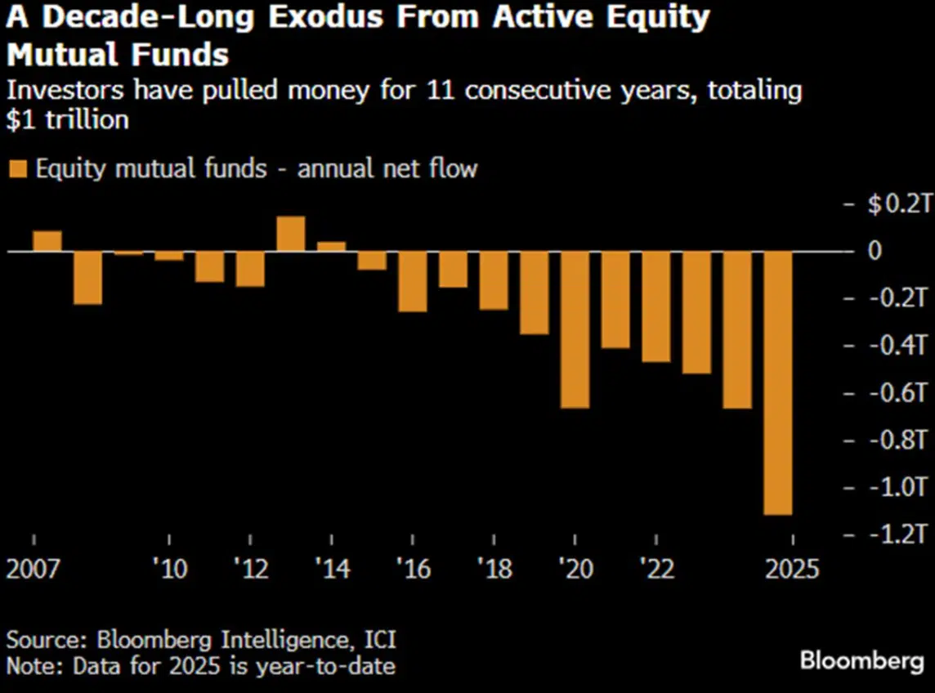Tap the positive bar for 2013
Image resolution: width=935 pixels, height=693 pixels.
point(291,234)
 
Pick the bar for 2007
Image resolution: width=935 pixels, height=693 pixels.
point(47,241)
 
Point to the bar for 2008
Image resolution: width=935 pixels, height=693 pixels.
point(87,278)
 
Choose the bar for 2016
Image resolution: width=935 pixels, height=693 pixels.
point(413,281)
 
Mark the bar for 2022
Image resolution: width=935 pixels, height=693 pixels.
point(655,306)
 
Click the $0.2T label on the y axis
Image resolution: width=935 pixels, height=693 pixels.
point(898,203)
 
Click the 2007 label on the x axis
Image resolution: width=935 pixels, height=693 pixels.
point(34,568)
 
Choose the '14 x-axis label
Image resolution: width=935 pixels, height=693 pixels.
point(332,568)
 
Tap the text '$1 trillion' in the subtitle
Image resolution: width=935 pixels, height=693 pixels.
point(68,119)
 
